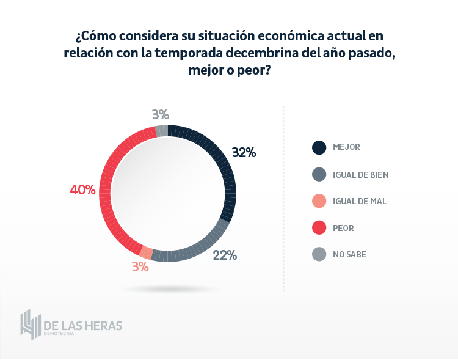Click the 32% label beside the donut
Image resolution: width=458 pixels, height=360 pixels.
pyautogui.click(x=244, y=153)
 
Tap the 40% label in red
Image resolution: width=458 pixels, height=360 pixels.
pyautogui.click(x=82, y=190)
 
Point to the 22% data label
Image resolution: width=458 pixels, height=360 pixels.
pyautogui.click(x=224, y=255)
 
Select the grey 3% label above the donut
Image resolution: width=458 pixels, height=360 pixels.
pyautogui.click(x=161, y=114)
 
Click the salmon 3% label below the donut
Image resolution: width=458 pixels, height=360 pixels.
pyautogui.click(x=140, y=266)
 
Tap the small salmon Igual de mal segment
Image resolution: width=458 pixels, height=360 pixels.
pyautogui.click(x=147, y=252)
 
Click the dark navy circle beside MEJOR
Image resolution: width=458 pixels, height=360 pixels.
pyautogui.click(x=319, y=147)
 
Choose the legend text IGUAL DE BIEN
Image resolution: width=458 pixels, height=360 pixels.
pyautogui.click(x=361, y=175)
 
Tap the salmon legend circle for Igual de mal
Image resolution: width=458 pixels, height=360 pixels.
pyautogui.click(x=319, y=201)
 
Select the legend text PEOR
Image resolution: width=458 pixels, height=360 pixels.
pyautogui.click(x=343, y=228)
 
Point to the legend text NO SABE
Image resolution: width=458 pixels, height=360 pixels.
pyautogui.click(x=349, y=254)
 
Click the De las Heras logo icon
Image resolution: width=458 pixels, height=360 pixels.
pyautogui.click(x=30, y=325)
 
